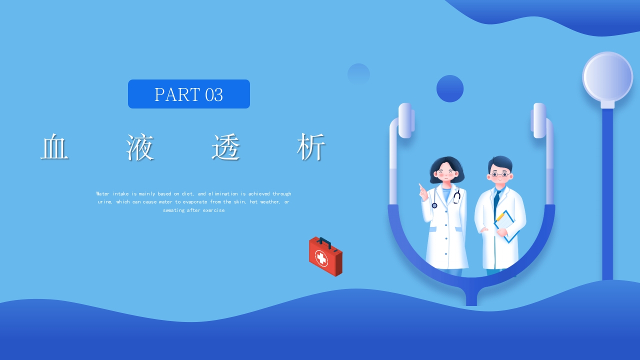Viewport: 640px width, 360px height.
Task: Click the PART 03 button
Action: [x=188, y=94]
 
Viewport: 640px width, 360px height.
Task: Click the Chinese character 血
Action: [x=54, y=147]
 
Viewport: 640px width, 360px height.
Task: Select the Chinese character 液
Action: [x=140, y=147]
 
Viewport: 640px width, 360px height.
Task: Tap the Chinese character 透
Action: [x=226, y=147]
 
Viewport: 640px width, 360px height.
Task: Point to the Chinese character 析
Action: [x=311, y=147]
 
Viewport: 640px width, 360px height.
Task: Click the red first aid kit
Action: [x=325, y=256]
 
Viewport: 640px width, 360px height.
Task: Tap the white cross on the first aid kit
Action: [x=320, y=258]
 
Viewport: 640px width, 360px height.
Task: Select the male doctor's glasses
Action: [x=499, y=174]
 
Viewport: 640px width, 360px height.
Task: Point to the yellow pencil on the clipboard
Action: [x=500, y=216]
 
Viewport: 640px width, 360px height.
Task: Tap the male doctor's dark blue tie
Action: [x=496, y=200]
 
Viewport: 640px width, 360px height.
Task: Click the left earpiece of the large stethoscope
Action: [x=405, y=120]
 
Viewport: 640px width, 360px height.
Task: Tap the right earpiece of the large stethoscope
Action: [x=539, y=120]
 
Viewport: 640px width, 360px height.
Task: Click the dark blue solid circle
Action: [x=450, y=88]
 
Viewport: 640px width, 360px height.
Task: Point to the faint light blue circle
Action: [x=358, y=74]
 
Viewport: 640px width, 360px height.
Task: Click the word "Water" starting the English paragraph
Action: [x=103, y=193]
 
